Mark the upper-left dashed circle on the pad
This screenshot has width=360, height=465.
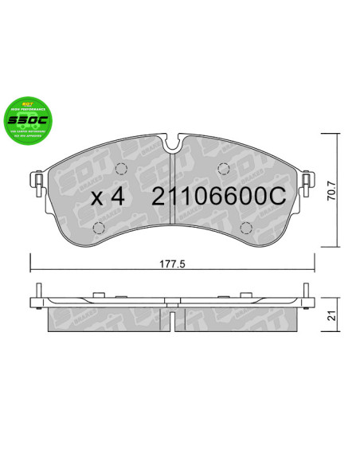point(122,169)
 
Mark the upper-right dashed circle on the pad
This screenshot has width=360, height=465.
point(225,169)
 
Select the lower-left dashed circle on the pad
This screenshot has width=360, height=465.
point(98,229)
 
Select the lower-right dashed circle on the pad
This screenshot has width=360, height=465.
point(248,229)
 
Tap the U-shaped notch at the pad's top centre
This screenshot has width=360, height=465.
point(174,145)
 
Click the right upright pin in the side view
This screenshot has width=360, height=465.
point(306,293)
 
